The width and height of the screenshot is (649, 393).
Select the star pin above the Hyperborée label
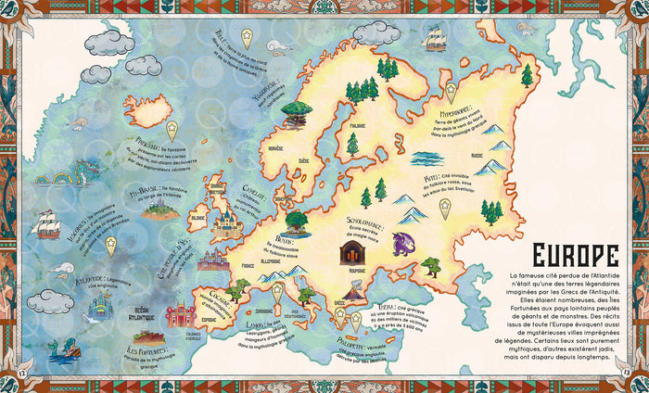click(451, 91)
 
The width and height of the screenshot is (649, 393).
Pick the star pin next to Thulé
click(247, 37)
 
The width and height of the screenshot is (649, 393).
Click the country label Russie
click(477, 156)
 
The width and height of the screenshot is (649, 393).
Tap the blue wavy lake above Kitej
click(429, 158)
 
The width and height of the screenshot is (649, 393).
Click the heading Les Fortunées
click(149, 352)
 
